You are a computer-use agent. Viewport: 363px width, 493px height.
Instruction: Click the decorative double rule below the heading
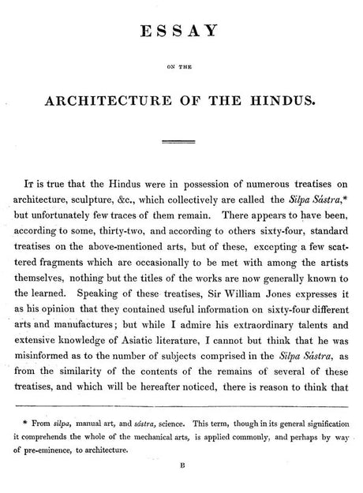coord(181,143)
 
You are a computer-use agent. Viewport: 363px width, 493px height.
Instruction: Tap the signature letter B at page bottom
coord(181,487)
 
